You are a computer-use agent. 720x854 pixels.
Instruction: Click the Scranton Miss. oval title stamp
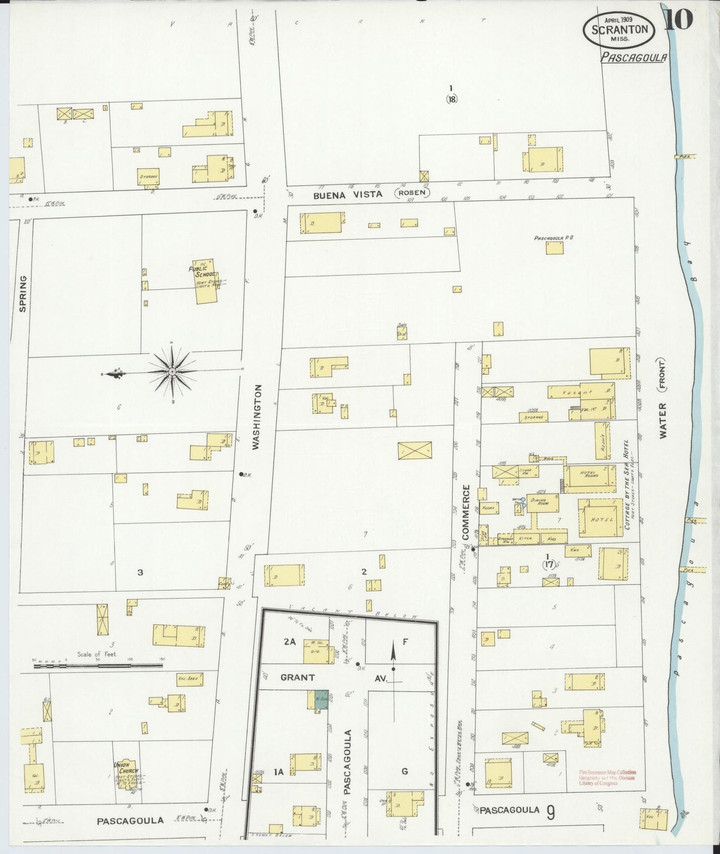[619, 29]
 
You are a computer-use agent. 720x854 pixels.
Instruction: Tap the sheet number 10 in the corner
[679, 19]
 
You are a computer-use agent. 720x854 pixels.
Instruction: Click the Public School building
[206, 282]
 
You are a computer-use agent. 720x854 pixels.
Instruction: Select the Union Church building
[126, 774]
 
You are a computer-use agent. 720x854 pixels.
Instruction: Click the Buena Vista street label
[348, 195]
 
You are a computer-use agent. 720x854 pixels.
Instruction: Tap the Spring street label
[22, 294]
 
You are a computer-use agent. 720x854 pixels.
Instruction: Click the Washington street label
[256, 417]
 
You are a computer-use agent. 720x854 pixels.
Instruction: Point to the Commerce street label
[466, 512]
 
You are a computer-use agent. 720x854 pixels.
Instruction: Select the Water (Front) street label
[663, 399]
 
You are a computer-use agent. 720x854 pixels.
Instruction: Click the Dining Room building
[543, 502]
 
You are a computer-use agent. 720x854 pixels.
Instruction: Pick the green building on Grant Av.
[320, 699]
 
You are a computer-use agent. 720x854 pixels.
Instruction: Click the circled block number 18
[451, 99]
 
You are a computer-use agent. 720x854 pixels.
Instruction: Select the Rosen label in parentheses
[412, 193]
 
